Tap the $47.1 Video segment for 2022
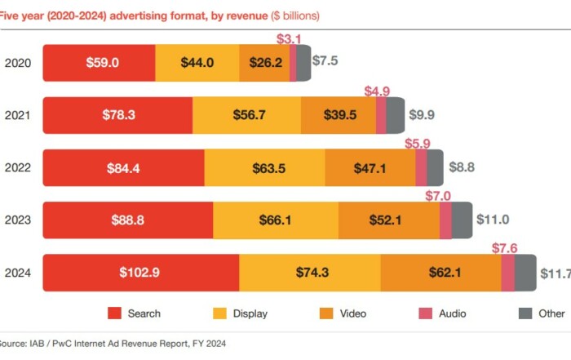370,167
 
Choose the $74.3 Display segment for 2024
309,272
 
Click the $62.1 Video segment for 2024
440,272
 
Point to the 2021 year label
18,115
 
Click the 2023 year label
18,220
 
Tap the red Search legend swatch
115,313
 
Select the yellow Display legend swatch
219,313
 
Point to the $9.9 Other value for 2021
422,115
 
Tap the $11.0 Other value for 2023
494,220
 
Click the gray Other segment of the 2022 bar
435,167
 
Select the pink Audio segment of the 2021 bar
381,115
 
